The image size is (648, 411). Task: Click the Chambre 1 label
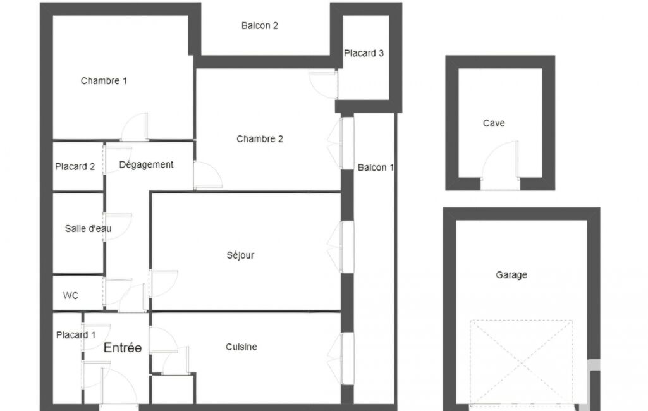104,81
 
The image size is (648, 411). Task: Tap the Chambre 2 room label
260,139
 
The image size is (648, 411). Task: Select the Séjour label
240,255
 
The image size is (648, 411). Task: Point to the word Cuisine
241,347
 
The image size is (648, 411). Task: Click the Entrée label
122,348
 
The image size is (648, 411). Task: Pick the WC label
71,296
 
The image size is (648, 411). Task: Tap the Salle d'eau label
88,229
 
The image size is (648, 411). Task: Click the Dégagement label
146,164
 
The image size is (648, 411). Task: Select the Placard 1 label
76,335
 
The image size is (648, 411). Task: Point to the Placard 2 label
75,167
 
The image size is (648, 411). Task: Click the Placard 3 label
364,53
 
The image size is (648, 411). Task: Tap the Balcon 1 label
376,168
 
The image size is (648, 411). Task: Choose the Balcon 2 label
260,26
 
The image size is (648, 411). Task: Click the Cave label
494,123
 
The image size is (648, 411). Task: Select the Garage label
511,275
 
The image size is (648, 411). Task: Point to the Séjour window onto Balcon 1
342,247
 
